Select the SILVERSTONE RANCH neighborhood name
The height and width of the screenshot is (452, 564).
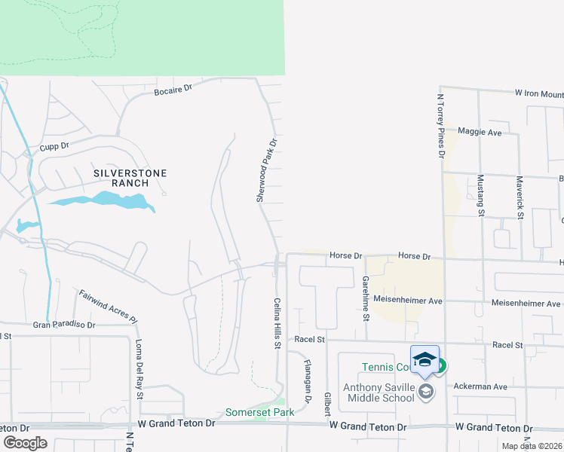[130, 178]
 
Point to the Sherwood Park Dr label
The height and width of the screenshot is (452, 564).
[265, 169]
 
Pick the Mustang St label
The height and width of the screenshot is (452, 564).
[480, 195]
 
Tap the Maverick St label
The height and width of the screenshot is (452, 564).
[520, 197]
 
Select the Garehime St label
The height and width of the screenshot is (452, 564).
[365, 297]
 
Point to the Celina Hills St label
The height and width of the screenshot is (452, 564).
[277, 323]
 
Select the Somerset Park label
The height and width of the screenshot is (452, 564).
[256, 412]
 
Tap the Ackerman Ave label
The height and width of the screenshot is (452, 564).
[480, 386]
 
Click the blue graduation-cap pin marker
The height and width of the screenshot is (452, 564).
[425, 359]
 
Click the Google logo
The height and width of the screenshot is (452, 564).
[25, 442]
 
